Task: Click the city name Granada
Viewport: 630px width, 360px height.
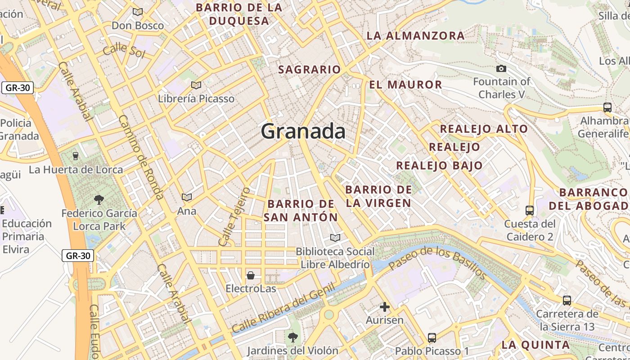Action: click(x=303, y=131)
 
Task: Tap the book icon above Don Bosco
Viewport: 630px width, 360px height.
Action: click(x=138, y=12)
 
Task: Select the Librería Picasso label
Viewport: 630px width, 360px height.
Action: click(x=196, y=99)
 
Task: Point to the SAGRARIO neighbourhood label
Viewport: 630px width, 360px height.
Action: click(x=310, y=69)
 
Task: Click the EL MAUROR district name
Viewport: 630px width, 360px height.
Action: click(x=405, y=85)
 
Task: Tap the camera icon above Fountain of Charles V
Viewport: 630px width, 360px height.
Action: click(x=501, y=69)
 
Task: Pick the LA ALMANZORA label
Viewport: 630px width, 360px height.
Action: click(x=415, y=36)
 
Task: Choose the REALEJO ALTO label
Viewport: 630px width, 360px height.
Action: click(x=484, y=129)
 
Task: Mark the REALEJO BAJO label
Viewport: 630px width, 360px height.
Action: click(x=439, y=166)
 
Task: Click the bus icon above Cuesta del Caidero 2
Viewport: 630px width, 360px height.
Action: click(x=530, y=210)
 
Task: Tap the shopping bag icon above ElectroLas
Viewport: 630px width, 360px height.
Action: click(x=251, y=275)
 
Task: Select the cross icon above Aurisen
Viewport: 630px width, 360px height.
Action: click(x=384, y=307)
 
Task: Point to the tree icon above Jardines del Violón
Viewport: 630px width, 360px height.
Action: click(x=292, y=337)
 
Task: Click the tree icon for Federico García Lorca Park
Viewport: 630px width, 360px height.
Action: click(x=99, y=199)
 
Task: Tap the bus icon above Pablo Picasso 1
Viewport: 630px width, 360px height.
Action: click(x=432, y=337)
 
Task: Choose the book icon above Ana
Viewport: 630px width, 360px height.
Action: click(x=186, y=197)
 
